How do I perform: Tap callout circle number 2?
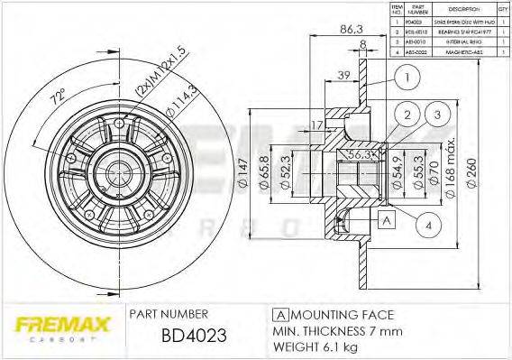pyautogui.click(x=407, y=115)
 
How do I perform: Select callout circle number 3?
pyautogui.click(x=436, y=115)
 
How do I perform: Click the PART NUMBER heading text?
pyautogui.click(x=169, y=314)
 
